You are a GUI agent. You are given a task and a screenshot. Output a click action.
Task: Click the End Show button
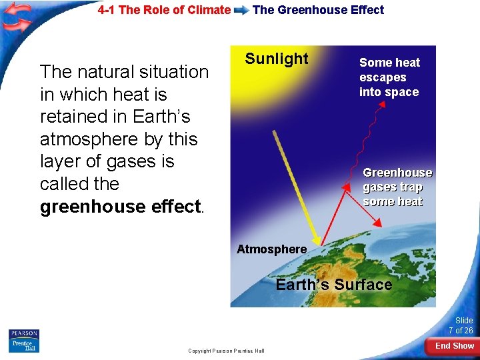[x=454, y=345]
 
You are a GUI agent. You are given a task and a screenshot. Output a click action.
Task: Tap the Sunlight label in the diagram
[x=277, y=59]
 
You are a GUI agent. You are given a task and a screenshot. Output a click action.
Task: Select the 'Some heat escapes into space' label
[x=389, y=77]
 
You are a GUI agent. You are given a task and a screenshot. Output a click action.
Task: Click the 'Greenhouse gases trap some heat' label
[x=397, y=187]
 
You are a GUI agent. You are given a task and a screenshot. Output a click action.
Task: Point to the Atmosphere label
[x=271, y=249]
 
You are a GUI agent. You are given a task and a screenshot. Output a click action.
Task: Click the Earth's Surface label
[x=333, y=285]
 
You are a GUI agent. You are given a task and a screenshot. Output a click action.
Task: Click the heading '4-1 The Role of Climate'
[x=164, y=10]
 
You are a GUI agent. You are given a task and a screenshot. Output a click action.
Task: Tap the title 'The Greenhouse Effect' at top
[x=318, y=10]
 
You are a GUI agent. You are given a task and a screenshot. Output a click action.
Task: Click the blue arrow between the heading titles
[x=241, y=11]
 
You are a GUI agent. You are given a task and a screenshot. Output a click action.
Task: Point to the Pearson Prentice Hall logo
[x=23, y=340]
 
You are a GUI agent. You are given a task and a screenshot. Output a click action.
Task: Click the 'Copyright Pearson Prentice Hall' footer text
[x=226, y=351]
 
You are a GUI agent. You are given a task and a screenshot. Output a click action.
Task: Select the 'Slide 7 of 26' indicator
[x=461, y=325]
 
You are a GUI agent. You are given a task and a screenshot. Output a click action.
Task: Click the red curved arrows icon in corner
[x=17, y=18]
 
